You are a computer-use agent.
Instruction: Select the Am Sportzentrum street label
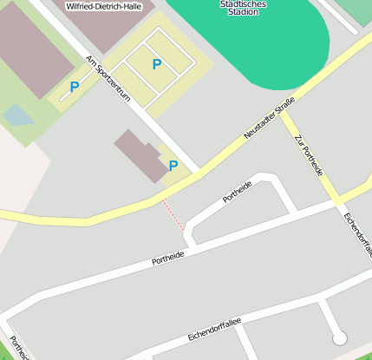tap(108, 79)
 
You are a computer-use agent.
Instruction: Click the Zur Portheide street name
tap(309, 155)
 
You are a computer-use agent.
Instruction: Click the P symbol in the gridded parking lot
tap(157, 64)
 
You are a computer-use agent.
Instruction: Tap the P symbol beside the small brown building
tap(173, 165)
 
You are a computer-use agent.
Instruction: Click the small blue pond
tap(16, 114)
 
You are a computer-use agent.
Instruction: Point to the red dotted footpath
tap(173, 214)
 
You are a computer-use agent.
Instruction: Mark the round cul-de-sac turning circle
tap(340, 337)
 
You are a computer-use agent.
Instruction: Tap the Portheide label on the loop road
tap(238, 191)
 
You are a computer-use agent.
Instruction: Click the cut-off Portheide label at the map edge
tap(19, 347)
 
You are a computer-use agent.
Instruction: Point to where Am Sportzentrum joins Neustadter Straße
tap(199, 170)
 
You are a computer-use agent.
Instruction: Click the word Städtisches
tap(245, 3)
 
